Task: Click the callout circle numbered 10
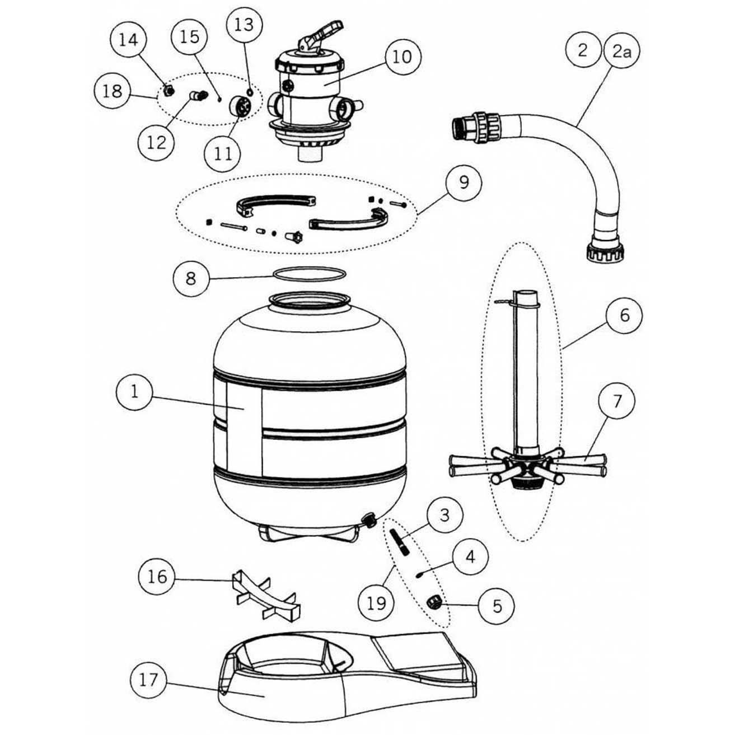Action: click(x=402, y=57)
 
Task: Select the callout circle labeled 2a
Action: click(x=621, y=52)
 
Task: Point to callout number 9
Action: click(x=463, y=183)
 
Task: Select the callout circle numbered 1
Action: click(x=134, y=392)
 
